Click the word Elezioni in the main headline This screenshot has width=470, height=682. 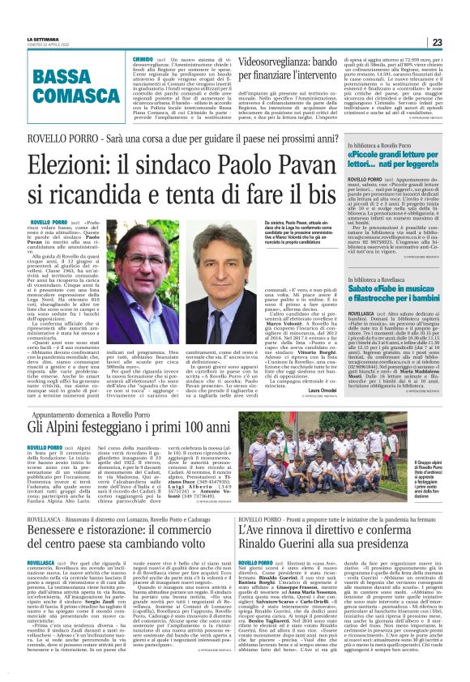coord(75,167)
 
